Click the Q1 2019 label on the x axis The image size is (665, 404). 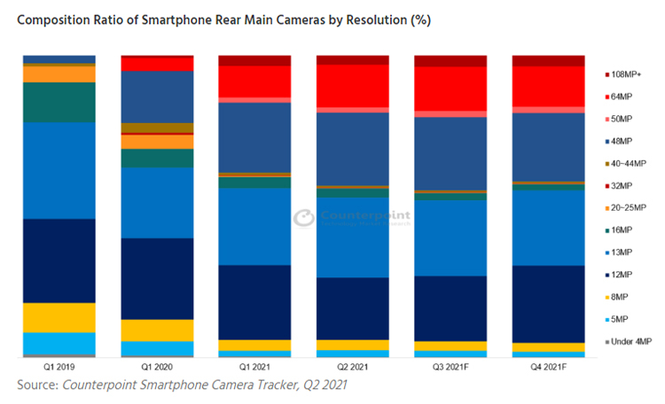tap(59, 366)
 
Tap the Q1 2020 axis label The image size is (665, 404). tap(157, 366)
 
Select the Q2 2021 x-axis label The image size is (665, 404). tap(353, 366)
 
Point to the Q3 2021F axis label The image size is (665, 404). tap(450, 366)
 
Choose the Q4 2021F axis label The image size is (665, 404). tap(548, 366)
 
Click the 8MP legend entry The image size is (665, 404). tap(622, 297)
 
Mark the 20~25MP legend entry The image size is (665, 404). tap(630, 207)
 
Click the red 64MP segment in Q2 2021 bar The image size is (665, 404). tap(353, 85)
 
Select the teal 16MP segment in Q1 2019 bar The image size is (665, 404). tap(59, 102)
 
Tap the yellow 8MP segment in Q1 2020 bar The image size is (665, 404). tap(157, 330)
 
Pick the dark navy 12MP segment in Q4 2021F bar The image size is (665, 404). tap(548, 303)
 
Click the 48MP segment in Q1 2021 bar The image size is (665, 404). tap(255, 137)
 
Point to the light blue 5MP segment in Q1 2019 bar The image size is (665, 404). tap(59, 343)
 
